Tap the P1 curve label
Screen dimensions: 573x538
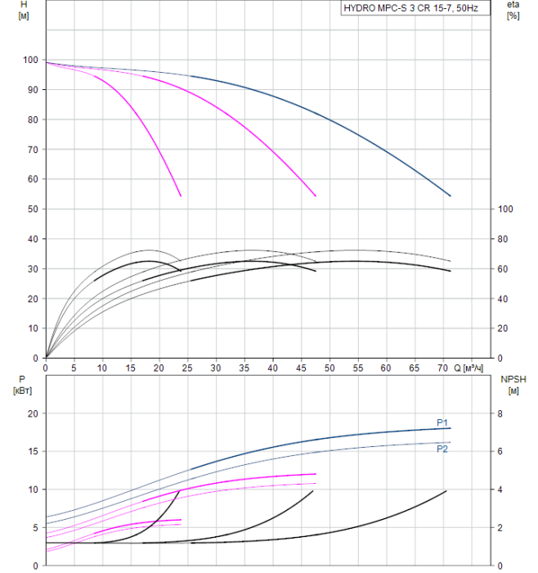click(442, 422)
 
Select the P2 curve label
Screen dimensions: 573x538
click(442, 449)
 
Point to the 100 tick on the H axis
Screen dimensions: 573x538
click(30, 60)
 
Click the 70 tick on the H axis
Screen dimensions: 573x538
click(33, 149)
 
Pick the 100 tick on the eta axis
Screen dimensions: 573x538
click(506, 209)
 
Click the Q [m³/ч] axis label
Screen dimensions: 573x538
click(473, 368)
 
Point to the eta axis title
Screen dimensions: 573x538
click(513, 4)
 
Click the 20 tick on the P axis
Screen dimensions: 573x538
click(33, 413)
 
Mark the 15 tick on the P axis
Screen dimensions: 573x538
click(33, 451)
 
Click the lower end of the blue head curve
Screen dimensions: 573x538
click(451, 196)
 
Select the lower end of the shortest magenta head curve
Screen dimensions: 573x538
click(181, 196)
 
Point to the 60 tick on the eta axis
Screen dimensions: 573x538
click(504, 268)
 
